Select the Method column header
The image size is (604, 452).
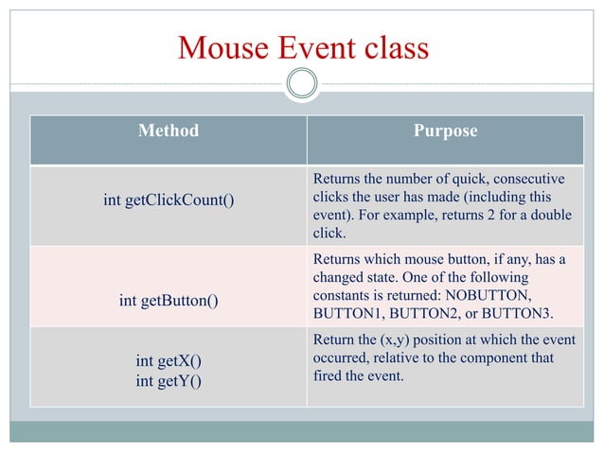pyautogui.click(x=169, y=131)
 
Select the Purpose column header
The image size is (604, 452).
pyautogui.click(x=445, y=131)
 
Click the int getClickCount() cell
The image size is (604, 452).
pyautogui.click(x=169, y=200)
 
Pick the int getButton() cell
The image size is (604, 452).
pyautogui.click(x=169, y=301)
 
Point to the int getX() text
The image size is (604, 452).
pyautogui.click(x=169, y=361)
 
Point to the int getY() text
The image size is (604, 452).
pyautogui.click(x=169, y=381)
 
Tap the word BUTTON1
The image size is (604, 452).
pyautogui.click(x=349, y=312)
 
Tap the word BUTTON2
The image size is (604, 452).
pyautogui.click(x=427, y=312)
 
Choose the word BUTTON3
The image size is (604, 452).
pyautogui.click(x=525, y=312)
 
